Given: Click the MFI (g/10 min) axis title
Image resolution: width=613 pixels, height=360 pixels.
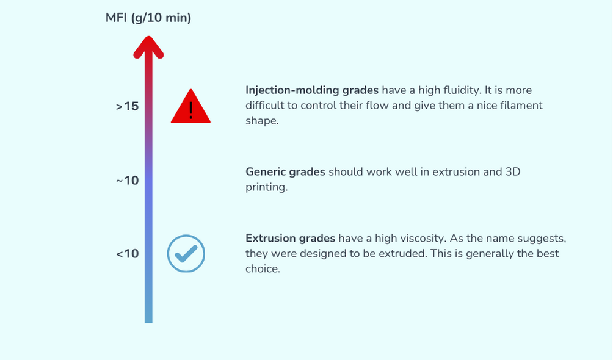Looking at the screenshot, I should click(x=148, y=18).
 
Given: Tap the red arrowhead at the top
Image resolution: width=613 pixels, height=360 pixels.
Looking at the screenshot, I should click(x=148, y=47).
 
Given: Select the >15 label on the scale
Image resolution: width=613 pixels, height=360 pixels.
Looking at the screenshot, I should click(x=128, y=106).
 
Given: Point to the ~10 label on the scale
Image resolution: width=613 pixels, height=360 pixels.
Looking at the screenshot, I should click(x=128, y=181).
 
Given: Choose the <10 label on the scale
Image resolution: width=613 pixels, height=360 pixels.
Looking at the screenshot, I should click(x=128, y=254).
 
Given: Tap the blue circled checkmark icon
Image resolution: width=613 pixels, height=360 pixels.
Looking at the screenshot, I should click(x=186, y=253).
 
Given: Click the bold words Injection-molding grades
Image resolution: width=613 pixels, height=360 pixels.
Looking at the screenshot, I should click(x=312, y=90).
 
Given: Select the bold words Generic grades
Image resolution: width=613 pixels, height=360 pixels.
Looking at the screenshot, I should click(x=285, y=172).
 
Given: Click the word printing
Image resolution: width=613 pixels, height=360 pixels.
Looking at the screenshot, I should click(x=266, y=187).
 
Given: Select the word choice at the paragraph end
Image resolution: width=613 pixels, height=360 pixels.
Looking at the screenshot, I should click(x=262, y=268).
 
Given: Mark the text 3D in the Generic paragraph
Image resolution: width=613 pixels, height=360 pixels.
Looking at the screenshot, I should click(x=513, y=172).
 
